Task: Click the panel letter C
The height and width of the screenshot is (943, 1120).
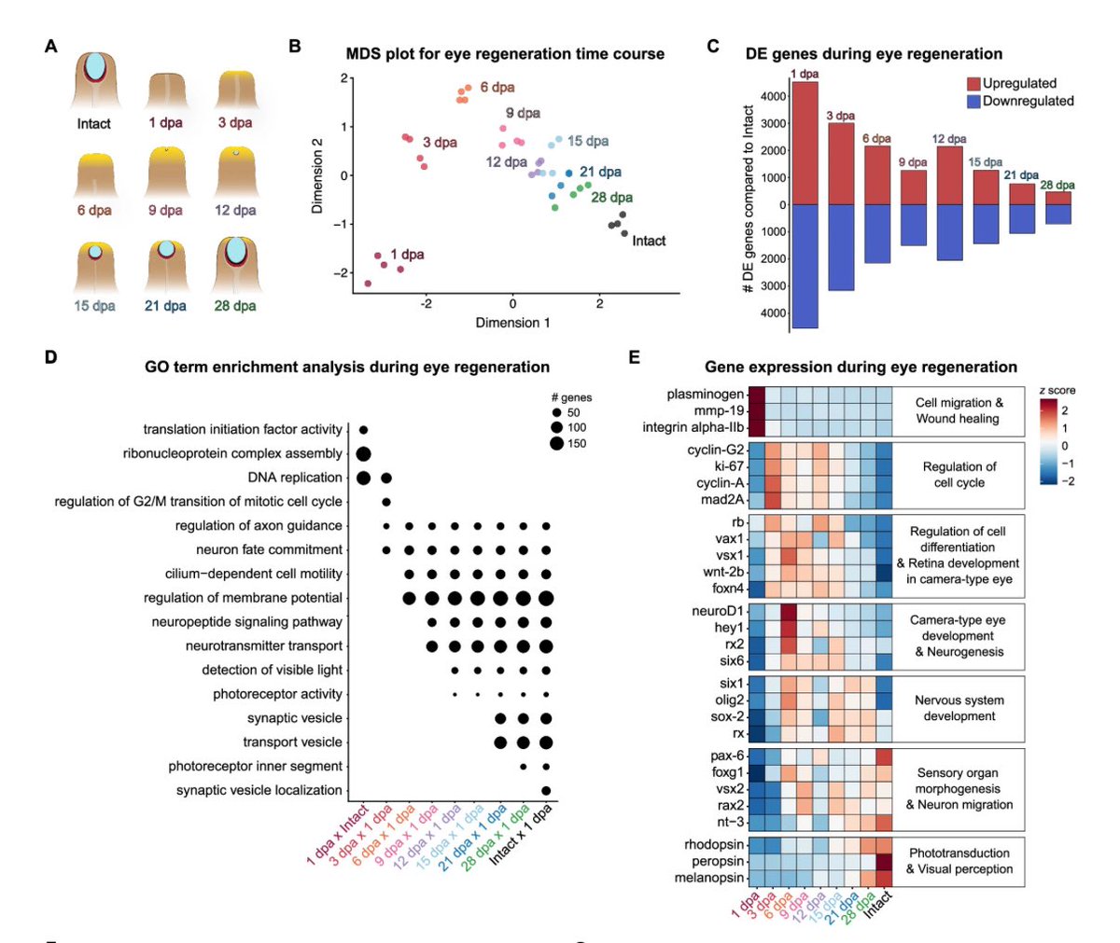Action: (712, 46)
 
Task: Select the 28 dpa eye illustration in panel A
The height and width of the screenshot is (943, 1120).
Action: (235, 264)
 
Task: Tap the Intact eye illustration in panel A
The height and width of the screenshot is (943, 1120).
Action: (94, 80)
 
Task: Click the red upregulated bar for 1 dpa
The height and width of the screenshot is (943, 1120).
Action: (805, 143)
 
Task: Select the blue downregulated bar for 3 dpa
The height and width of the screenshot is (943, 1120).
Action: (841, 248)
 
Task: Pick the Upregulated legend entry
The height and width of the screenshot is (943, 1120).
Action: (1012, 83)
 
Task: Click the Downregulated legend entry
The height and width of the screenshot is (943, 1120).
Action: (1020, 101)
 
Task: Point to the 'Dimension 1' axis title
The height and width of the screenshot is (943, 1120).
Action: (512, 322)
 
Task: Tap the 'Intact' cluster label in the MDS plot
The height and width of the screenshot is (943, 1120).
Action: (649, 241)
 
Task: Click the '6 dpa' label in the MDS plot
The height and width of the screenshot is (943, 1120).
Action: (497, 87)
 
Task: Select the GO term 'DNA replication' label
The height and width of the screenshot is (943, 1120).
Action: (295, 478)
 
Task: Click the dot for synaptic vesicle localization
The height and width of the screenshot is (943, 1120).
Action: (546, 790)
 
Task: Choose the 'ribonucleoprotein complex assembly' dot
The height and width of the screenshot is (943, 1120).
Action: (363, 454)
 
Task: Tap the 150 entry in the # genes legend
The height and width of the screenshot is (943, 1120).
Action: (567, 443)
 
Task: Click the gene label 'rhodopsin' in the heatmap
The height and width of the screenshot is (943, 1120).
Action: (714, 844)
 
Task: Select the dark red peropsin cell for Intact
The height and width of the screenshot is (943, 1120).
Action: (884, 862)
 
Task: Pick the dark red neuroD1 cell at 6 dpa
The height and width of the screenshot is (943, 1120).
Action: (789, 611)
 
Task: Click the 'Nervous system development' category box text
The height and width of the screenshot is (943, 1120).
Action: (959, 708)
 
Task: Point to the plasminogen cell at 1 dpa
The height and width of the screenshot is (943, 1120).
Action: (757, 395)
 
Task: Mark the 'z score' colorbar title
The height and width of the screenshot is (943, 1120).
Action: (1057, 390)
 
